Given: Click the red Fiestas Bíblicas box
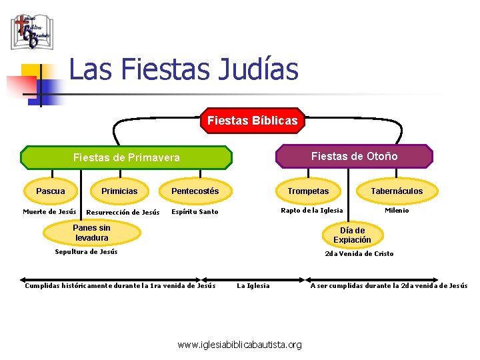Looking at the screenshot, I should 253,121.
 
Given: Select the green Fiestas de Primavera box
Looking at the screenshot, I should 126,157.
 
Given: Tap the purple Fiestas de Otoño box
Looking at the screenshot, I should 354,156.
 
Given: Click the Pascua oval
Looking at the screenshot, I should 51,191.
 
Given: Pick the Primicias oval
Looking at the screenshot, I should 119,191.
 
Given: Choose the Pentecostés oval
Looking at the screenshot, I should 195,191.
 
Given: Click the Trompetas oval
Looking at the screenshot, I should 308,191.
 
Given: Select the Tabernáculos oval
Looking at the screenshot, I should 397,191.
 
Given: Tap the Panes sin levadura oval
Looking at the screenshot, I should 92,233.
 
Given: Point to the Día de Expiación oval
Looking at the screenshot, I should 352,235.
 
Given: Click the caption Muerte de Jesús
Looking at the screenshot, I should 49,211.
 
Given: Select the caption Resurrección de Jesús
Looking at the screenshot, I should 123,213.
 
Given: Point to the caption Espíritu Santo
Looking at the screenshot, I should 195,212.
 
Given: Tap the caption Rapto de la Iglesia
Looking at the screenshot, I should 312,210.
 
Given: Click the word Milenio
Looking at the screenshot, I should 397,210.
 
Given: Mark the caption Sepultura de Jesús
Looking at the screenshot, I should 86,251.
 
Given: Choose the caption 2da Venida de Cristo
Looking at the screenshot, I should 359,253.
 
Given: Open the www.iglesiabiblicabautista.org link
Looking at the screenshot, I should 239,345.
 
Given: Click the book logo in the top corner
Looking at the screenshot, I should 31,31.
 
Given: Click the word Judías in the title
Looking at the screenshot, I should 257,69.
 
